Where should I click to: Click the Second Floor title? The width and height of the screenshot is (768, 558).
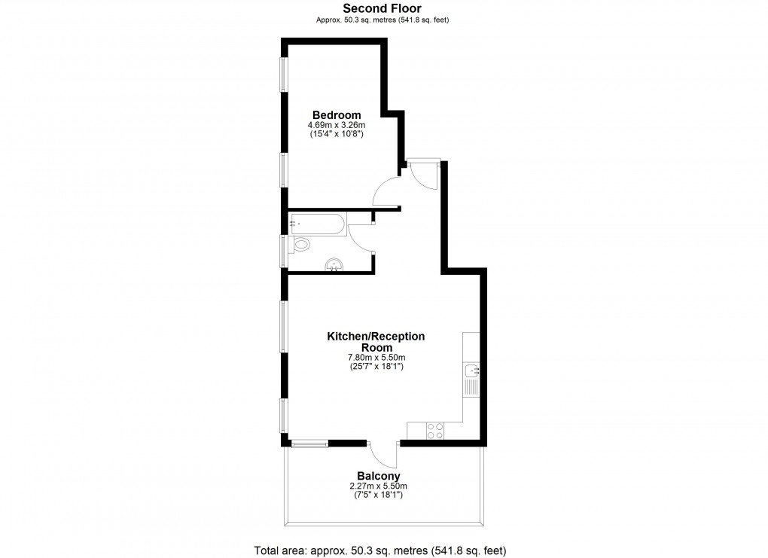pyautogui.click(x=382, y=8)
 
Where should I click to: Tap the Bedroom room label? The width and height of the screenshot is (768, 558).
pyautogui.click(x=337, y=115)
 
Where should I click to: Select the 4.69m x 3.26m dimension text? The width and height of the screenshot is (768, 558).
pyautogui.click(x=337, y=126)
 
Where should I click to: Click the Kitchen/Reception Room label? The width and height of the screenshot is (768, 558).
pyautogui.click(x=376, y=342)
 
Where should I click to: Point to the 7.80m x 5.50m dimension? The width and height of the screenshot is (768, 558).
pyautogui.click(x=376, y=358)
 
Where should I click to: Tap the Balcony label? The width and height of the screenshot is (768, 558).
pyautogui.click(x=379, y=476)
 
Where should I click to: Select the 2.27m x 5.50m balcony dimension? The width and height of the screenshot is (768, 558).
pyautogui.click(x=378, y=486)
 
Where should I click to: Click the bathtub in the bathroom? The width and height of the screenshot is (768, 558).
pyautogui.click(x=318, y=224)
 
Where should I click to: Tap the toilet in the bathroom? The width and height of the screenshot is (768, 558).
pyautogui.click(x=299, y=245)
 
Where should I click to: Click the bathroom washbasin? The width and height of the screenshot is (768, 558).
pyautogui.click(x=334, y=265)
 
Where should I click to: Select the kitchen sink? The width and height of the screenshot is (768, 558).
pyautogui.click(x=471, y=370)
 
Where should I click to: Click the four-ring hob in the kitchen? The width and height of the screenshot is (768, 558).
pyautogui.click(x=435, y=431)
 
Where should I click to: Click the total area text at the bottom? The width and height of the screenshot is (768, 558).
pyautogui.click(x=380, y=550)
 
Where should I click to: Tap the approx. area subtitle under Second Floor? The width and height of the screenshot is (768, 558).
pyautogui.click(x=382, y=20)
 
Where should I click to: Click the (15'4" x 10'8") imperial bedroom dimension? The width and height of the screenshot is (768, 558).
pyautogui.click(x=337, y=134)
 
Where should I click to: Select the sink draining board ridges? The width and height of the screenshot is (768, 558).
pyautogui.click(x=471, y=387)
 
